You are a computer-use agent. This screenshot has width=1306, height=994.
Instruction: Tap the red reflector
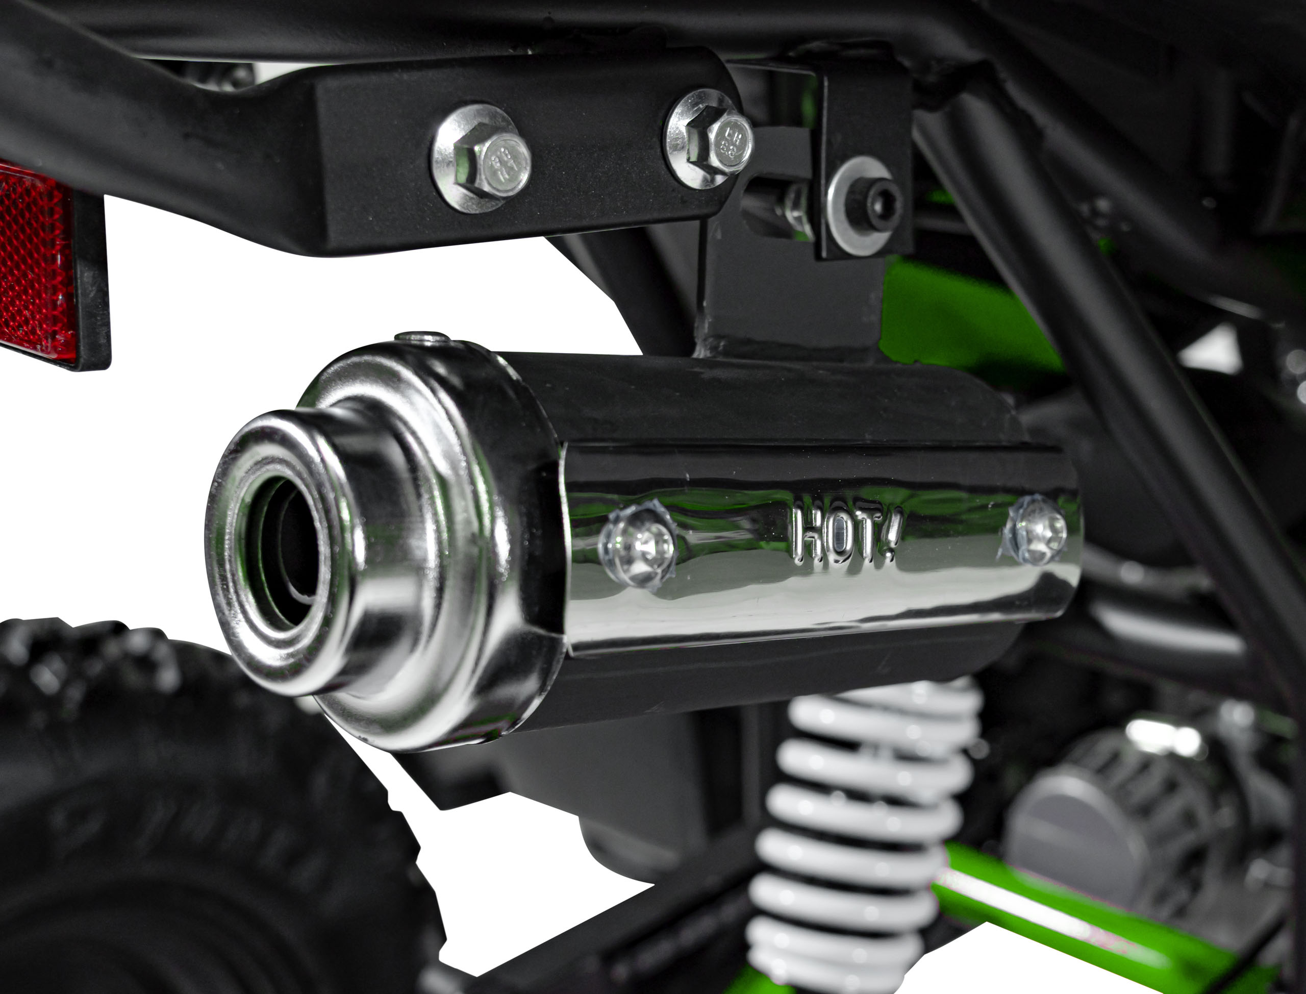click(36, 263)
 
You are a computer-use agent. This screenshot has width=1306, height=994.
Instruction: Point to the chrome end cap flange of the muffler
click(449, 533)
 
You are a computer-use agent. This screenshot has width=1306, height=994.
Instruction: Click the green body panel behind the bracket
click(958, 314)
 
